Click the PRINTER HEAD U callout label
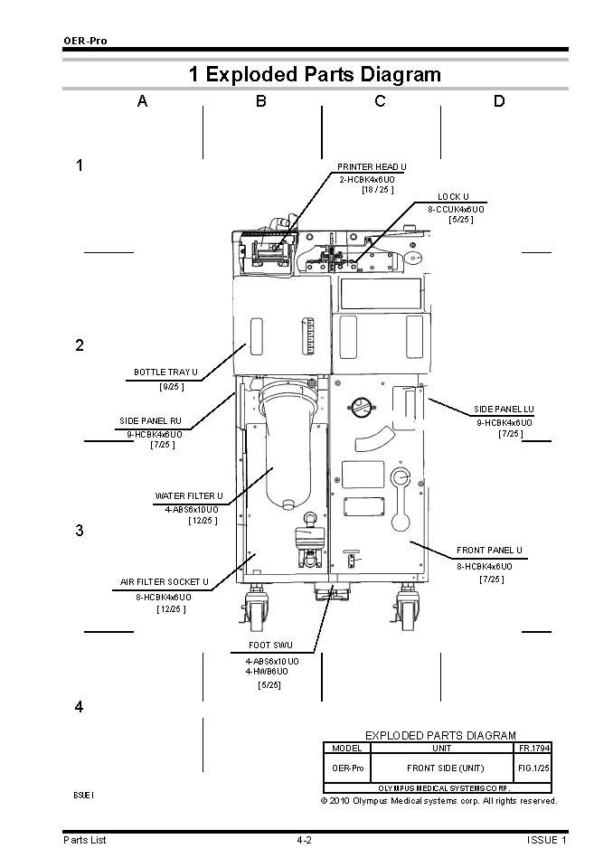point(372,167)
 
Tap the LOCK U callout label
point(453,196)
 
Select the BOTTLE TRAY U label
point(165,372)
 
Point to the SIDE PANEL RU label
point(150,421)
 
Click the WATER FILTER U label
point(188,496)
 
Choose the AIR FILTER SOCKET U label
point(165,582)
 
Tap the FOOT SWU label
point(269,646)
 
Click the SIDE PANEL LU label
point(504,410)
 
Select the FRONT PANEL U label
point(489,550)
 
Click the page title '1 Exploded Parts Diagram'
point(315,74)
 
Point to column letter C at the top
point(380,101)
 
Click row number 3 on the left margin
point(80,531)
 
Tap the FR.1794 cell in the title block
point(533,749)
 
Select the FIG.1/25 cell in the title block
point(533,768)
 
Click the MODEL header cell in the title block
point(346,749)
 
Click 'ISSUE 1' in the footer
point(546,841)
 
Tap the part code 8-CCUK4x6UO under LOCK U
point(456,208)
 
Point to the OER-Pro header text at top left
point(81,41)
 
